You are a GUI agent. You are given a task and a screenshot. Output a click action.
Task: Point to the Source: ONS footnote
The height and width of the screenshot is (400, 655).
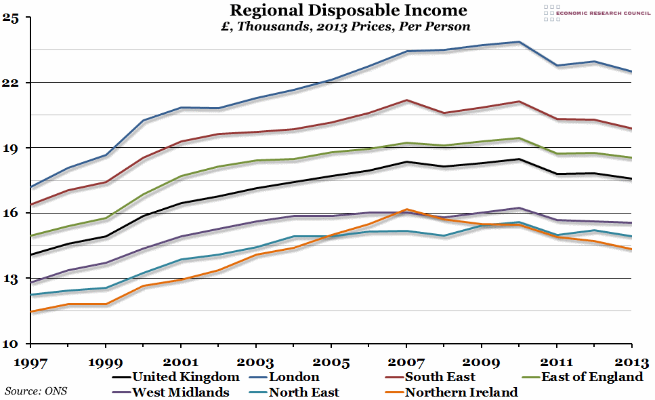[x=36, y=391]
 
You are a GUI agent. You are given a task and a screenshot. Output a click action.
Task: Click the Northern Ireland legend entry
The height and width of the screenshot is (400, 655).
[x=461, y=392]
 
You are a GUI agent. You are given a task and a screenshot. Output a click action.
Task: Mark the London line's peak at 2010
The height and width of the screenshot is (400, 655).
[x=519, y=42]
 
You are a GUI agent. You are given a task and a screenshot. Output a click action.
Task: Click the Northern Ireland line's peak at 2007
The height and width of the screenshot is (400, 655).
[x=406, y=209]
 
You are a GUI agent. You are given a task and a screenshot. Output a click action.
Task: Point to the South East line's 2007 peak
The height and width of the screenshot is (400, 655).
[x=406, y=100]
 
